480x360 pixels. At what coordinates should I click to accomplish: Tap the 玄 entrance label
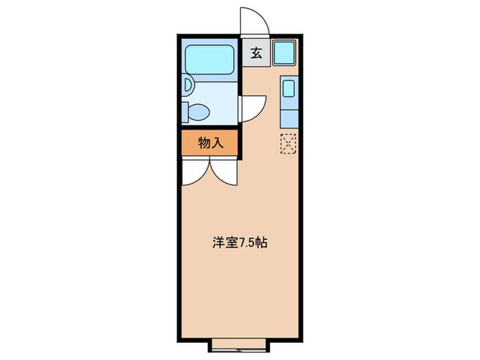(x=255, y=53)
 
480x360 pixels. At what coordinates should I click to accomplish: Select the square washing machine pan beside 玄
(x=284, y=53)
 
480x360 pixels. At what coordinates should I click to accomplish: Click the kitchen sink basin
(x=289, y=89)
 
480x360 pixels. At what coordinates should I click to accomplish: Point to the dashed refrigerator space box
(x=289, y=142)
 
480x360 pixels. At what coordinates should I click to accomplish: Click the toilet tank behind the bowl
(x=185, y=111)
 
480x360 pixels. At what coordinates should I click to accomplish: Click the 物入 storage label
(x=210, y=143)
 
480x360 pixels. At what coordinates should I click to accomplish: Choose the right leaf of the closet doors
(x=225, y=172)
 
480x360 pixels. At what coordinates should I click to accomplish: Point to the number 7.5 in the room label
(x=246, y=243)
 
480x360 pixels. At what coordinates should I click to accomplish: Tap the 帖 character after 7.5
(x=263, y=243)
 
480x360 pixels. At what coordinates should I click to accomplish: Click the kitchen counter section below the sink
(x=289, y=115)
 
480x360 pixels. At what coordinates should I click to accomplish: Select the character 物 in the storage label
(x=204, y=143)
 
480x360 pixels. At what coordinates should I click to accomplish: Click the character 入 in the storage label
(x=217, y=143)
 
